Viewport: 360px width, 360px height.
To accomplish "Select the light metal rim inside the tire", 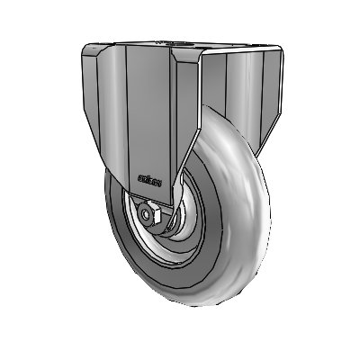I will pyautogui.click(x=135, y=243).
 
